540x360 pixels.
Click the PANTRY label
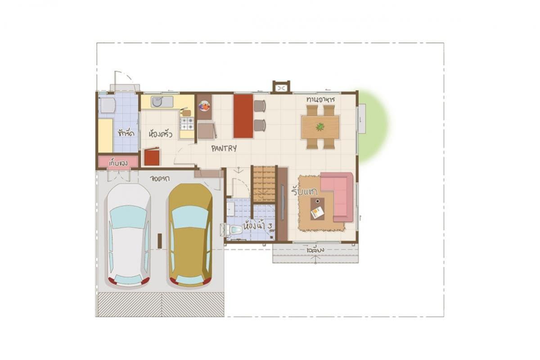pyautogui.click(x=224, y=148)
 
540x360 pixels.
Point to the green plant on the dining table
pyautogui.click(x=320, y=127)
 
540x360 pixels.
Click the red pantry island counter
pyautogui.click(x=243, y=116)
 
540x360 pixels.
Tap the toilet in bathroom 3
pyautogui.click(x=234, y=230)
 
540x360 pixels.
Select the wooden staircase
pyautogui.click(x=264, y=184)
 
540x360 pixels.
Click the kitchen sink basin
pyautogui.click(x=157, y=102)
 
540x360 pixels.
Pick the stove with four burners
pyautogui.click(x=187, y=123)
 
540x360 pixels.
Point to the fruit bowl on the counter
pyautogui.click(x=204, y=106)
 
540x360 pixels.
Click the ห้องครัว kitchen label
pyautogui.click(x=160, y=134)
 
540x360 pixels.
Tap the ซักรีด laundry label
pyautogui.click(x=126, y=133)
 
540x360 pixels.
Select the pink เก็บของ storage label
pyautogui.click(x=117, y=162)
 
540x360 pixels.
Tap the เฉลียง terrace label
pyautogui.click(x=315, y=249)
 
